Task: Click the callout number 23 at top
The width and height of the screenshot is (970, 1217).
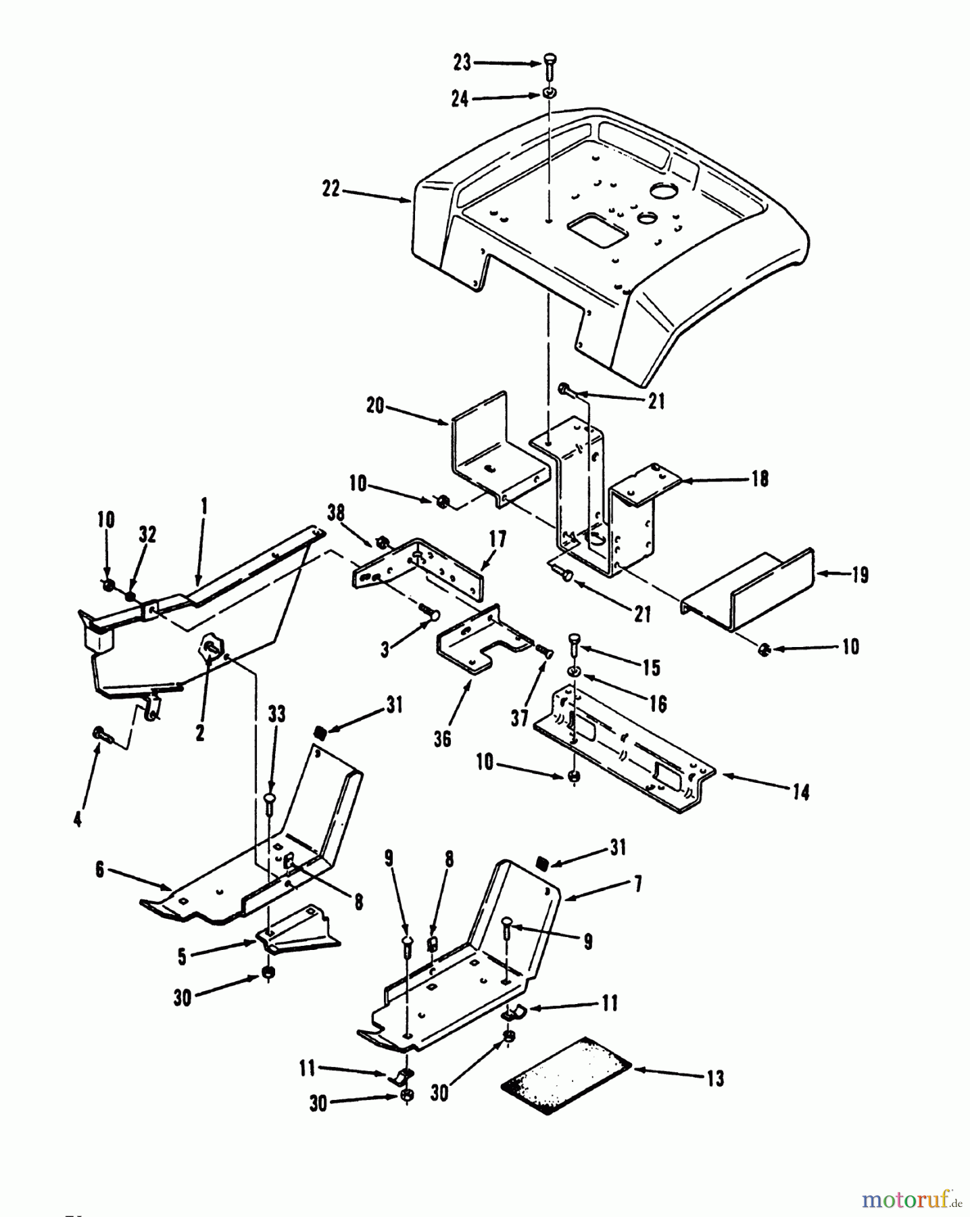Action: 462,63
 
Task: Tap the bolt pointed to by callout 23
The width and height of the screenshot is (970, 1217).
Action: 550,66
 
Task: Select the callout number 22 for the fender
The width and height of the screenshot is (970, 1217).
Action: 331,189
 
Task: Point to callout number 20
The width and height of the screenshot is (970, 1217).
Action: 375,406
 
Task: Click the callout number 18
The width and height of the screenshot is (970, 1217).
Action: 760,479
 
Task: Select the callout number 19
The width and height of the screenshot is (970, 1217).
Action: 859,575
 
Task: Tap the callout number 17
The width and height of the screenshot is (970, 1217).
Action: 498,540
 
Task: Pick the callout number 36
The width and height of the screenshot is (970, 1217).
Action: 442,739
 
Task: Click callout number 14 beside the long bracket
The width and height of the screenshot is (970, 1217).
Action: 801,792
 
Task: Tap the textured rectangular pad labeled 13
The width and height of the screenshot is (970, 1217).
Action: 566,1075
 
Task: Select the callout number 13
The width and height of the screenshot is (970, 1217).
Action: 714,1078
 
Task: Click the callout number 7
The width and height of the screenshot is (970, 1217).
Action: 637,884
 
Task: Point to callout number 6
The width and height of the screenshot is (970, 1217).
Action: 100,869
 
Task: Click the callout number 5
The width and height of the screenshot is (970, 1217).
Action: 182,957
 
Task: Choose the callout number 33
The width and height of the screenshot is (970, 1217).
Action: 276,714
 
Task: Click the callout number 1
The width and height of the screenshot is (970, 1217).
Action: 204,506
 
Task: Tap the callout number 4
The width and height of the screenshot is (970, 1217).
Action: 78,819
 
